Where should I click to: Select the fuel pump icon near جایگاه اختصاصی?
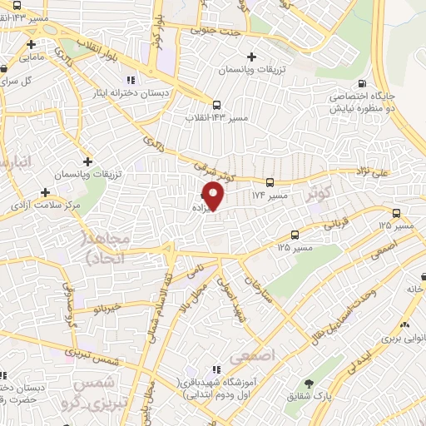pyautogui.click(x=361, y=83)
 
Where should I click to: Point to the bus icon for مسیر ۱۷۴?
pyautogui.click(x=270, y=182)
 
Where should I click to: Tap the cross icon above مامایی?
pyautogui.click(x=31, y=44)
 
